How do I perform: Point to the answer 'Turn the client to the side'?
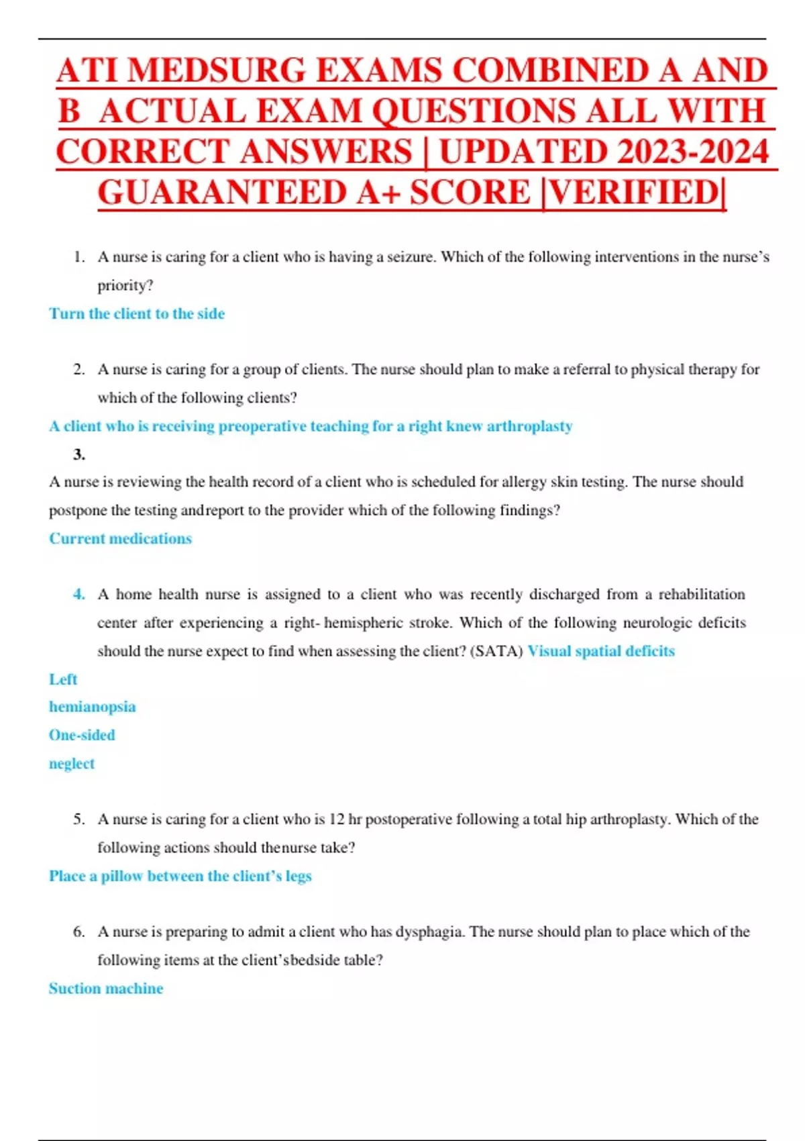coord(137,313)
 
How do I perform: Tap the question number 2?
coord(79,369)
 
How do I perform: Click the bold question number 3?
coord(79,454)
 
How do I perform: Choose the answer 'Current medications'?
coord(120,538)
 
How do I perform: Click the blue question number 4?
coord(79,594)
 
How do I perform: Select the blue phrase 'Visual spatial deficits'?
coord(601,651)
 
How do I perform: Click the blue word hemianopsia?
coord(92,707)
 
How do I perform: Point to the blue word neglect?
coord(72,764)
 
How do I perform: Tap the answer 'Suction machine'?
coord(106,988)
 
